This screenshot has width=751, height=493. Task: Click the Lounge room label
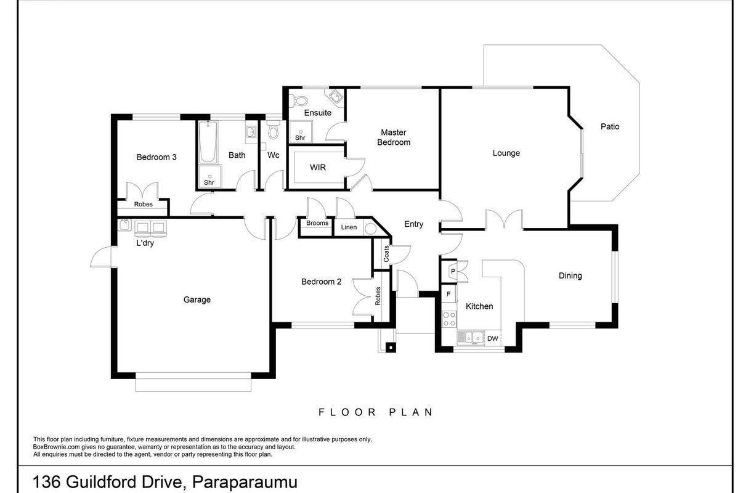click(x=506, y=153)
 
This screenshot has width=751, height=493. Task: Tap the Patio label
click(x=610, y=126)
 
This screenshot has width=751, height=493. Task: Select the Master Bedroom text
click(x=394, y=137)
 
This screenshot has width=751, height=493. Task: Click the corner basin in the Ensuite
click(x=335, y=97)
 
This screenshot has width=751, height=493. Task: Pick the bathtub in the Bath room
click(x=208, y=142)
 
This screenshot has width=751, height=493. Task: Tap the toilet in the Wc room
click(x=274, y=131)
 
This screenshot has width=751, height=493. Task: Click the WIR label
click(x=317, y=167)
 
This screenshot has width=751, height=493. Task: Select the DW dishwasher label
click(x=492, y=339)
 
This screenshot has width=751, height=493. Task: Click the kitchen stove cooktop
click(x=449, y=319)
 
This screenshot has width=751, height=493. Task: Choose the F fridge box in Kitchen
click(x=449, y=294)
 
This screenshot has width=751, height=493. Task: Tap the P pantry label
click(x=453, y=271)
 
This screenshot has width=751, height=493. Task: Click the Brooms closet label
click(x=317, y=223)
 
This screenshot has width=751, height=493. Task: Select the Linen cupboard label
click(x=349, y=227)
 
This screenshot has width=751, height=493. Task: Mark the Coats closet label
click(x=386, y=254)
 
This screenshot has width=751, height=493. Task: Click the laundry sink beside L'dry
click(x=124, y=225)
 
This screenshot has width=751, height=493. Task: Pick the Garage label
click(x=197, y=299)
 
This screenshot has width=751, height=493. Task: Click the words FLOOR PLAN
click(x=376, y=412)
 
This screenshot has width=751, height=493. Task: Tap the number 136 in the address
click(x=47, y=482)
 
